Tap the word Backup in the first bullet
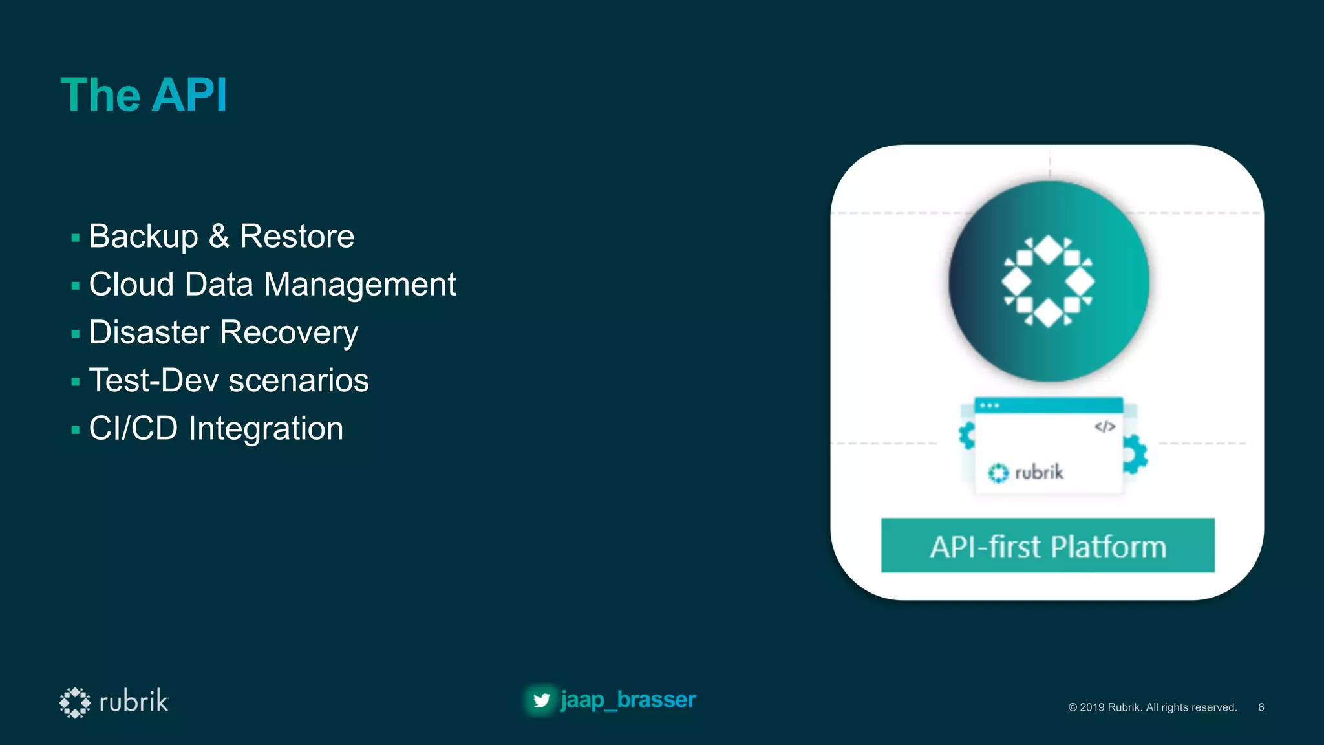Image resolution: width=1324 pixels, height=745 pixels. pyautogui.click(x=144, y=236)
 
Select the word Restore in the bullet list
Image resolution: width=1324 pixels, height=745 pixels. pyautogui.click(x=297, y=236)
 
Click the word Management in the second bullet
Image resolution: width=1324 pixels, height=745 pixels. pyautogui.click(x=359, y=285)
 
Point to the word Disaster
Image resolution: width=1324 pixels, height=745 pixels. pyautogui.click(x=149, y=332)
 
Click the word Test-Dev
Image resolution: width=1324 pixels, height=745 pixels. pyautogui.click(x=154, y=380)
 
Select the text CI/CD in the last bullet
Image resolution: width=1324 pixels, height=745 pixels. pyautogui.click(x=133, y=428)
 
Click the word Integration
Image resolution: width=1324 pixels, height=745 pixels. pyautogui.click(x=266, y=428)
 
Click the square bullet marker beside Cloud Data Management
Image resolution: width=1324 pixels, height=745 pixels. pyautogui.click(x=76, y=286)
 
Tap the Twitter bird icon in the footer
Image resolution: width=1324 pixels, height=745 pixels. pyautogui.click(x=541, y=700)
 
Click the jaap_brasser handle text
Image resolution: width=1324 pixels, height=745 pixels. pyautogui.click(x=628, y=700)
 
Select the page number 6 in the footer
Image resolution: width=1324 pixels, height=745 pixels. pyautogui.click(x=1261, y=707)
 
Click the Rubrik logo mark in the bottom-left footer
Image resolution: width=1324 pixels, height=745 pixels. pyautogui.click(x=75, y=702)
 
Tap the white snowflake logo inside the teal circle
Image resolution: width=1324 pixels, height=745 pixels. pyautogui.click(x=1048, y=281)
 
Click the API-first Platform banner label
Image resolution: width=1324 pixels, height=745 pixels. pyautogui.click(x=1047, y=546)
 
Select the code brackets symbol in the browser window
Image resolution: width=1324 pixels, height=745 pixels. pyautogui.click(x=1105, y=427)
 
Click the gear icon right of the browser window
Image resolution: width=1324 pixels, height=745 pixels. pyautogui.click(x=1135, y=454)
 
